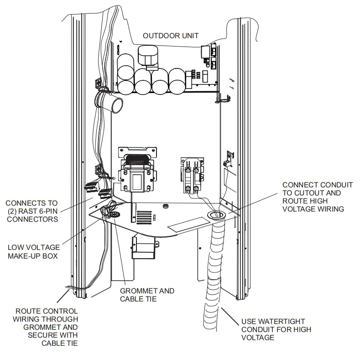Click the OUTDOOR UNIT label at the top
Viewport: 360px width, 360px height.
[x=171, y=36]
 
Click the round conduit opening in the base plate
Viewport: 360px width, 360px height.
[x=216, y=214]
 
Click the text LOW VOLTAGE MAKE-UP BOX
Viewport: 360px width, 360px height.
[x=32, y=252]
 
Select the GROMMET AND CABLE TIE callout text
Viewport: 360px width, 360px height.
[x=147, y=295]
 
